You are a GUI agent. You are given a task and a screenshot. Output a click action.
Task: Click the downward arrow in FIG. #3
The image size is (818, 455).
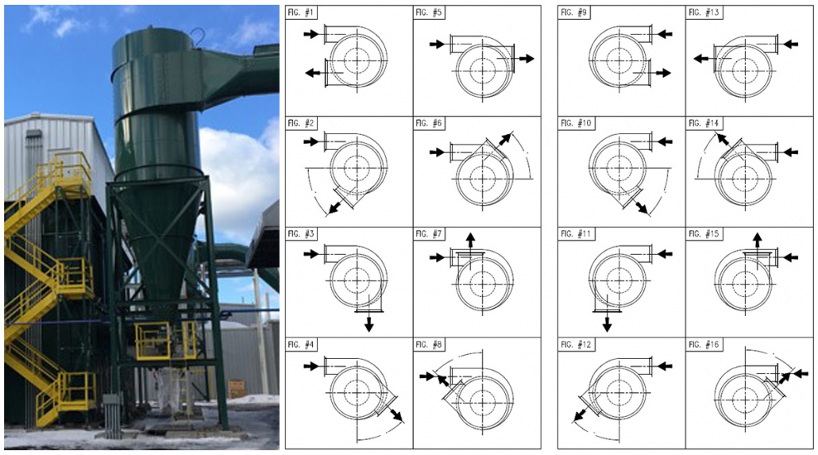368,323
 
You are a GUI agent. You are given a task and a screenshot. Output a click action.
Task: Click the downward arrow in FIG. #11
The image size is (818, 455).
607,323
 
